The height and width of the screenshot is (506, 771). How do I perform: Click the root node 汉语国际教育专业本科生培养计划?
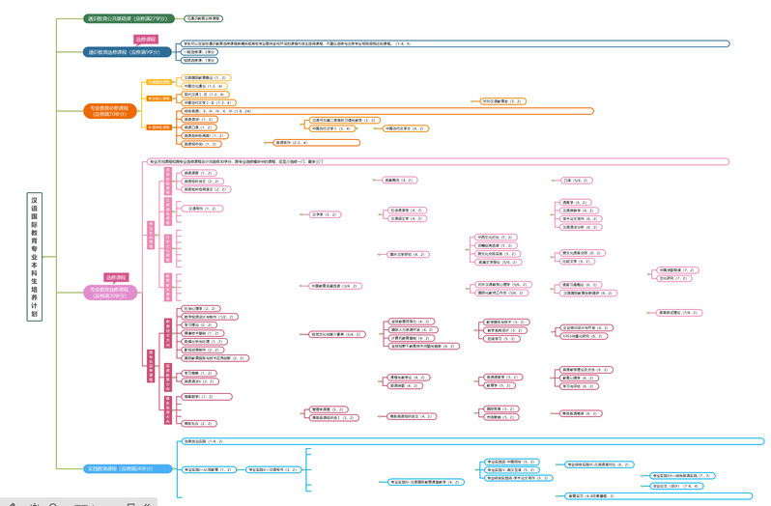click(x=35, y=256)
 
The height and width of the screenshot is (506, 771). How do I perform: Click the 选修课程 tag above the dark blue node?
click(x=145, y=40)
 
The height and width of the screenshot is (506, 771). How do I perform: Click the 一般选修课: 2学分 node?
click(x=198, y=52)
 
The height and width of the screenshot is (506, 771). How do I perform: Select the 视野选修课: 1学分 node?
click(x=198, y=60)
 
